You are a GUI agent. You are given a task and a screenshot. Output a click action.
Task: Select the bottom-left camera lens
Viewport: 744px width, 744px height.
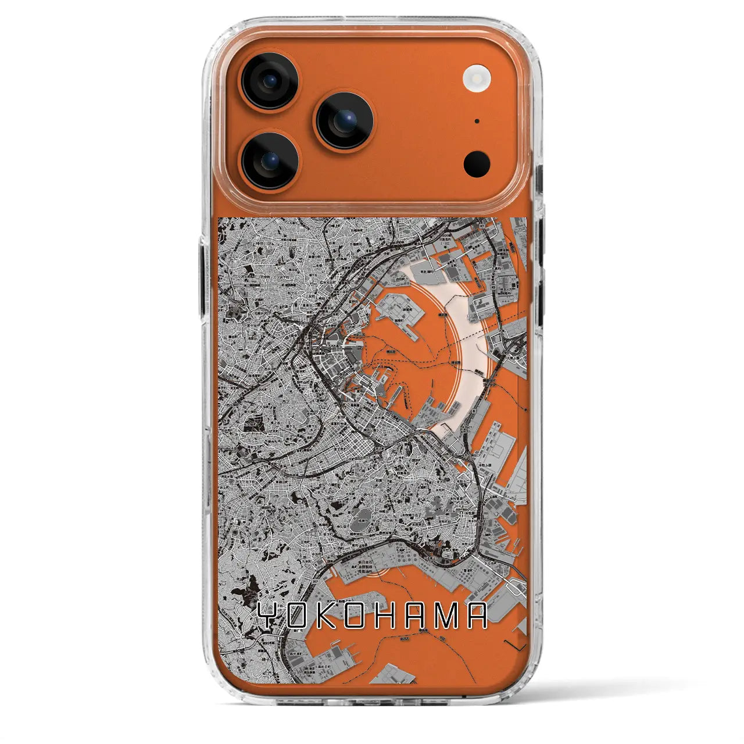click(270, 160)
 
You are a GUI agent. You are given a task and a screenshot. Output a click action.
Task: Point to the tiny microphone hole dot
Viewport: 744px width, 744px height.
click(477, 121)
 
